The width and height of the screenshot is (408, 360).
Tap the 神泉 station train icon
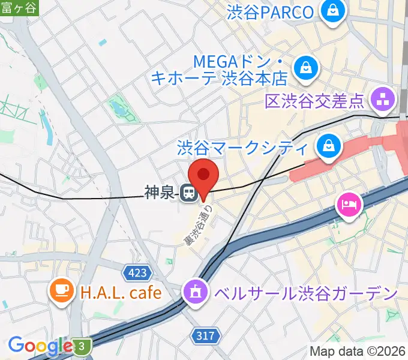pos(188,193)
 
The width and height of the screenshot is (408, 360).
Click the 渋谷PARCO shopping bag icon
pos(331,11)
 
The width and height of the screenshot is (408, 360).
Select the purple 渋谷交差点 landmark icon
pos(383,98)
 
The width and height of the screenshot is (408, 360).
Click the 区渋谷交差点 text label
pos(316,99)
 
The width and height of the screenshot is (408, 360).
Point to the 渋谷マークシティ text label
pos(242,148)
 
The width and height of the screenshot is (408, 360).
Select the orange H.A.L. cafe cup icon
pos(62,292)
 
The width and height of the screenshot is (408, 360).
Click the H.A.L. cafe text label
pos(121,292)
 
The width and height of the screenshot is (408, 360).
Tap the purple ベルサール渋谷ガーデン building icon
pos(196,293)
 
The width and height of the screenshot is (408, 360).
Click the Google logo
pos(40,346)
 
